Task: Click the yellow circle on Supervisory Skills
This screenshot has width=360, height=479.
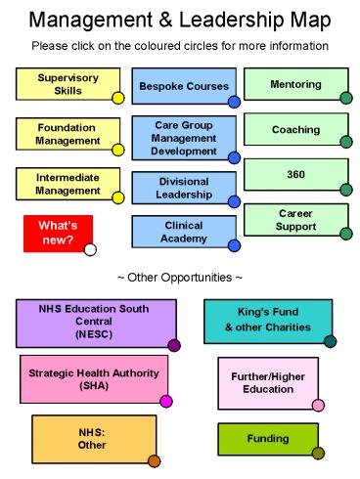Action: [x=117, y=98]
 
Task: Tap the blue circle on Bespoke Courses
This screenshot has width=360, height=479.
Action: [x=234, y=102]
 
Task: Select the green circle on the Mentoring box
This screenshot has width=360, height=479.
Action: [x=346, y=98]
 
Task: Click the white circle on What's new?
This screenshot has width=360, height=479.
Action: [x=91, y=249]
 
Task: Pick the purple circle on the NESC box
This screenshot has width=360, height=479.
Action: [x=174, y=345]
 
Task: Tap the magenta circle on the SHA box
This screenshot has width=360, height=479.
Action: [x=166, y=401]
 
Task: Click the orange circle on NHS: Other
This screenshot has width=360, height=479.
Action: [x=154, y=460]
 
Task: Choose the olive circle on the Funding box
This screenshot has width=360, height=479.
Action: [x=318, y=453]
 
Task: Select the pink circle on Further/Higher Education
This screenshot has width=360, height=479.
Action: [x=318, y=406]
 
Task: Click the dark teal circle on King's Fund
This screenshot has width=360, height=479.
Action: [x=330, y=341]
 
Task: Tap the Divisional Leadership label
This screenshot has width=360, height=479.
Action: [x=184, y=187]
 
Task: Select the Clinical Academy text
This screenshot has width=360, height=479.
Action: [x=184, y=231]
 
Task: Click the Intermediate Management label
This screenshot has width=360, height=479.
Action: [x=68, y=183]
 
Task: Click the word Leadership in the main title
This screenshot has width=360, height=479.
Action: [x=265, y=20]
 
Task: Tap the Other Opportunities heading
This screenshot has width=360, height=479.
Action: [x=179, y=279]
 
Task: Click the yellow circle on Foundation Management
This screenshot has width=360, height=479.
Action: [x=117, y=150]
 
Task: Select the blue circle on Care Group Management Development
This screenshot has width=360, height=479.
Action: [x=234, y=157]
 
